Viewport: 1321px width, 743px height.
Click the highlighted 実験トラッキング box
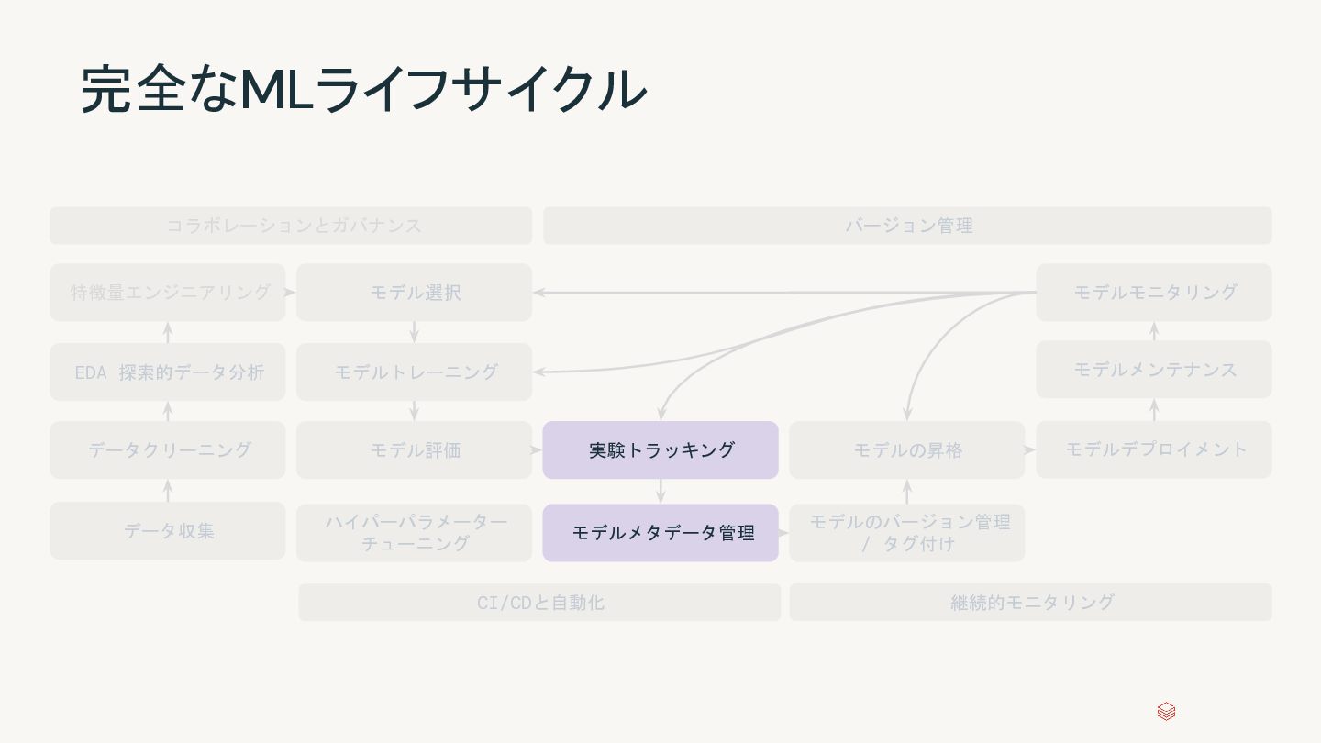[660, 449]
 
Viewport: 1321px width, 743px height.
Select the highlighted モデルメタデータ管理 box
[660, 532]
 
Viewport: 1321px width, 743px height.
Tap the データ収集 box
[168, 530]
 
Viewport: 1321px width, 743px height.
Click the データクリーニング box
[168, 449]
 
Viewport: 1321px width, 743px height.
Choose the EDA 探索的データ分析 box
[168, 371]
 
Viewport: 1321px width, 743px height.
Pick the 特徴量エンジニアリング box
[168, 292]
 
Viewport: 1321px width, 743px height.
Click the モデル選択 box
[414, 292]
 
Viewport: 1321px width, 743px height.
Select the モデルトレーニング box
[414, 371]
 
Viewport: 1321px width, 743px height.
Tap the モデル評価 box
[414, 449]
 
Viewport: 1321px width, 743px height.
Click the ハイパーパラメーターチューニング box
[414, 532]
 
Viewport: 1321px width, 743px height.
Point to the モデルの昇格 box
[906, 449]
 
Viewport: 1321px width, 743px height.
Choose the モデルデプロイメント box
[1154, 449]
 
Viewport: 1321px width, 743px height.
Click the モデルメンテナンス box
[1154, 369]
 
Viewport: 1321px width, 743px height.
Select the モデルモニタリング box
[1154, 292]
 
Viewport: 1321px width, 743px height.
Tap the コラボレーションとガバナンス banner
[291, 225]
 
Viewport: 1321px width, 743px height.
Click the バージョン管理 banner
[907, 225]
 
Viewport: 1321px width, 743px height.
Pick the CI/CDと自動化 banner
[539, 602]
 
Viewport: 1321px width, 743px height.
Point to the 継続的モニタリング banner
[1030, 602]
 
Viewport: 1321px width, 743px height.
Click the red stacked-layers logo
[1166, 712]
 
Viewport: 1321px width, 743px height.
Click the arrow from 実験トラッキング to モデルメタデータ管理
[660, 491]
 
